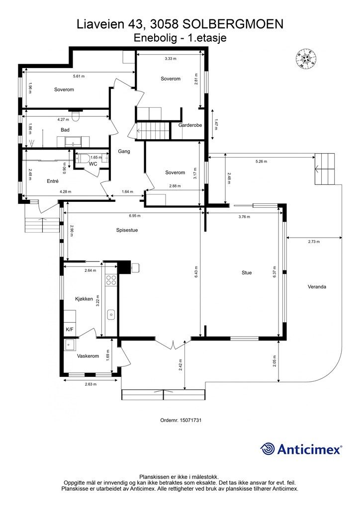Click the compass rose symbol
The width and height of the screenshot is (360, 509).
(306, 59)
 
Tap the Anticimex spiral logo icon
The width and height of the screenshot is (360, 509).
(268, 449)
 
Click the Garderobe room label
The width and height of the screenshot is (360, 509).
(190, 125)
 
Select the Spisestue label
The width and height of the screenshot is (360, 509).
(127, 230)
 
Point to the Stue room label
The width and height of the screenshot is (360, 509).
(247, 273)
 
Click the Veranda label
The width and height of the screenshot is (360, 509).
(317, 287)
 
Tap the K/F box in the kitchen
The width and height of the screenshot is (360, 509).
(70, 330)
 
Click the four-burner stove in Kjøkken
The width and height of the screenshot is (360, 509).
(111, 280)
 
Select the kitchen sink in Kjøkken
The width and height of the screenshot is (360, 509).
(111, 315)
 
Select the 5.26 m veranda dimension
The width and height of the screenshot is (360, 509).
(261, 162)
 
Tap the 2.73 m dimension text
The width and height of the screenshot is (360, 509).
(314, 242)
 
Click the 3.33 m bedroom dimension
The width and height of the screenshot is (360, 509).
(171, 59)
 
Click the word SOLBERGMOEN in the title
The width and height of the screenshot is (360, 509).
(233, 24)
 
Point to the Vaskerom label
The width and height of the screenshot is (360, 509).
(88, 356)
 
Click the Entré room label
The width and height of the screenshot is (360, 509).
(53, 181)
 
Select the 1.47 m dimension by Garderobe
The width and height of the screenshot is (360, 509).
(216, 124)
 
